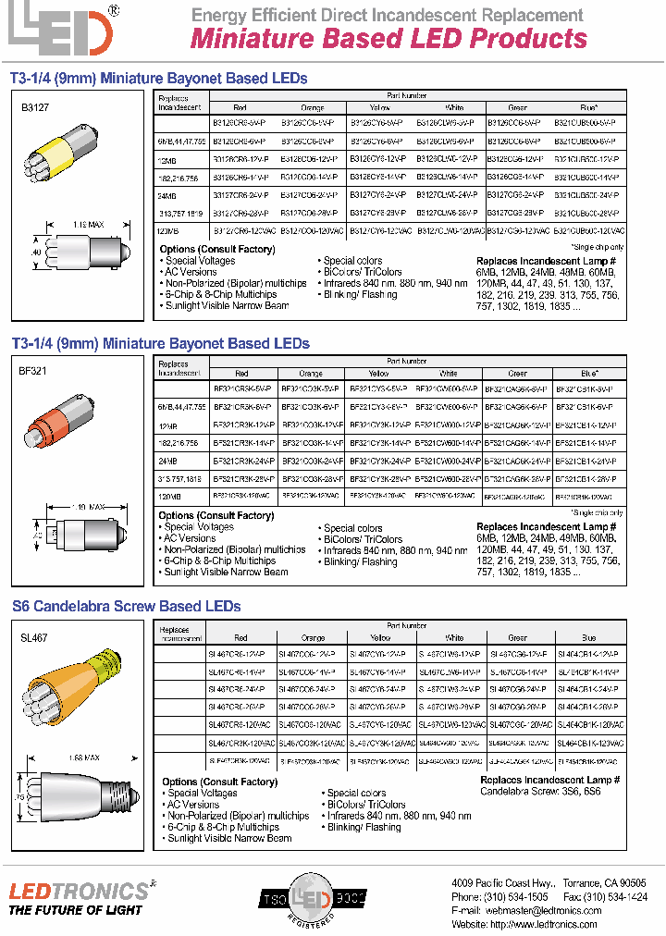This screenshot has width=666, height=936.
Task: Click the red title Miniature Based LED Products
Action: coord(388,39)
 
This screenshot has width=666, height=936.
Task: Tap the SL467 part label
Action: coord(34,638)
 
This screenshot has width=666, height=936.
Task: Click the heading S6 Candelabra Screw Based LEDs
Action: coord(126,607)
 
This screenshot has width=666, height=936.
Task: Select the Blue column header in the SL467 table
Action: coord(588,638)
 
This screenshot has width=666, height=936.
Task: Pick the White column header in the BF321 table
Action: coord(449,374)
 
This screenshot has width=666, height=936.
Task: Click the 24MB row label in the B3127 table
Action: coord(167,195)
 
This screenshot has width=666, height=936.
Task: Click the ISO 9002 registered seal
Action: coord(312,899)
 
